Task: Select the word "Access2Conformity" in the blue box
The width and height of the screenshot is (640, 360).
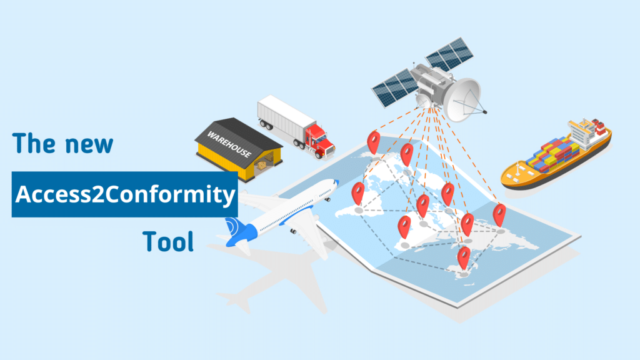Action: [125, 194]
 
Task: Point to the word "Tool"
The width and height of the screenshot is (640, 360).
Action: [167, 241]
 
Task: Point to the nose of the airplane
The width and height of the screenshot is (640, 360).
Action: [334, 183]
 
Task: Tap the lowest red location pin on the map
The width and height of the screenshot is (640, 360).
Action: [463, 256]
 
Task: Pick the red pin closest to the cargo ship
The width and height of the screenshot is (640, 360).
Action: [499, 214]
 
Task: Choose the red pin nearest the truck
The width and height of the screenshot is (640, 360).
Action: [374, 141]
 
